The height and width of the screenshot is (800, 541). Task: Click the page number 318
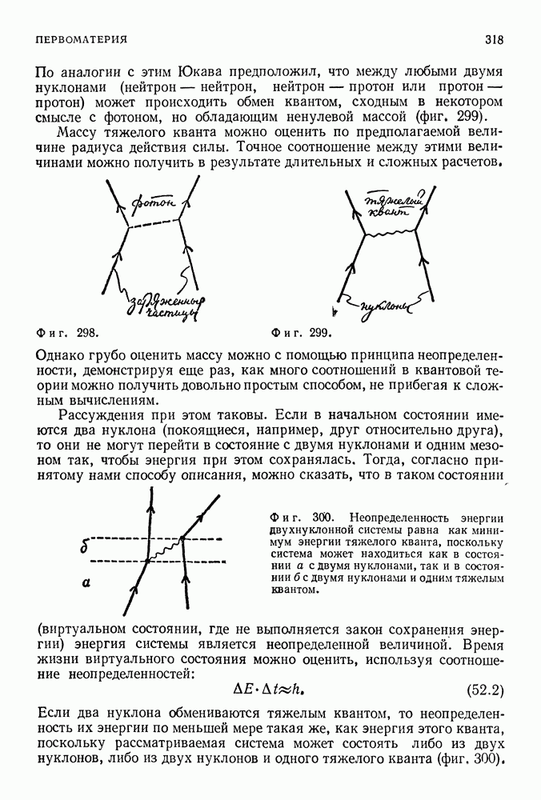click(493, 39)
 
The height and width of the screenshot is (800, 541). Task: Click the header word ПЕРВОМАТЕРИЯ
click(82, 39)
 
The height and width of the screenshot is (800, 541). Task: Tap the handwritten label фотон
click(154, 205)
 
